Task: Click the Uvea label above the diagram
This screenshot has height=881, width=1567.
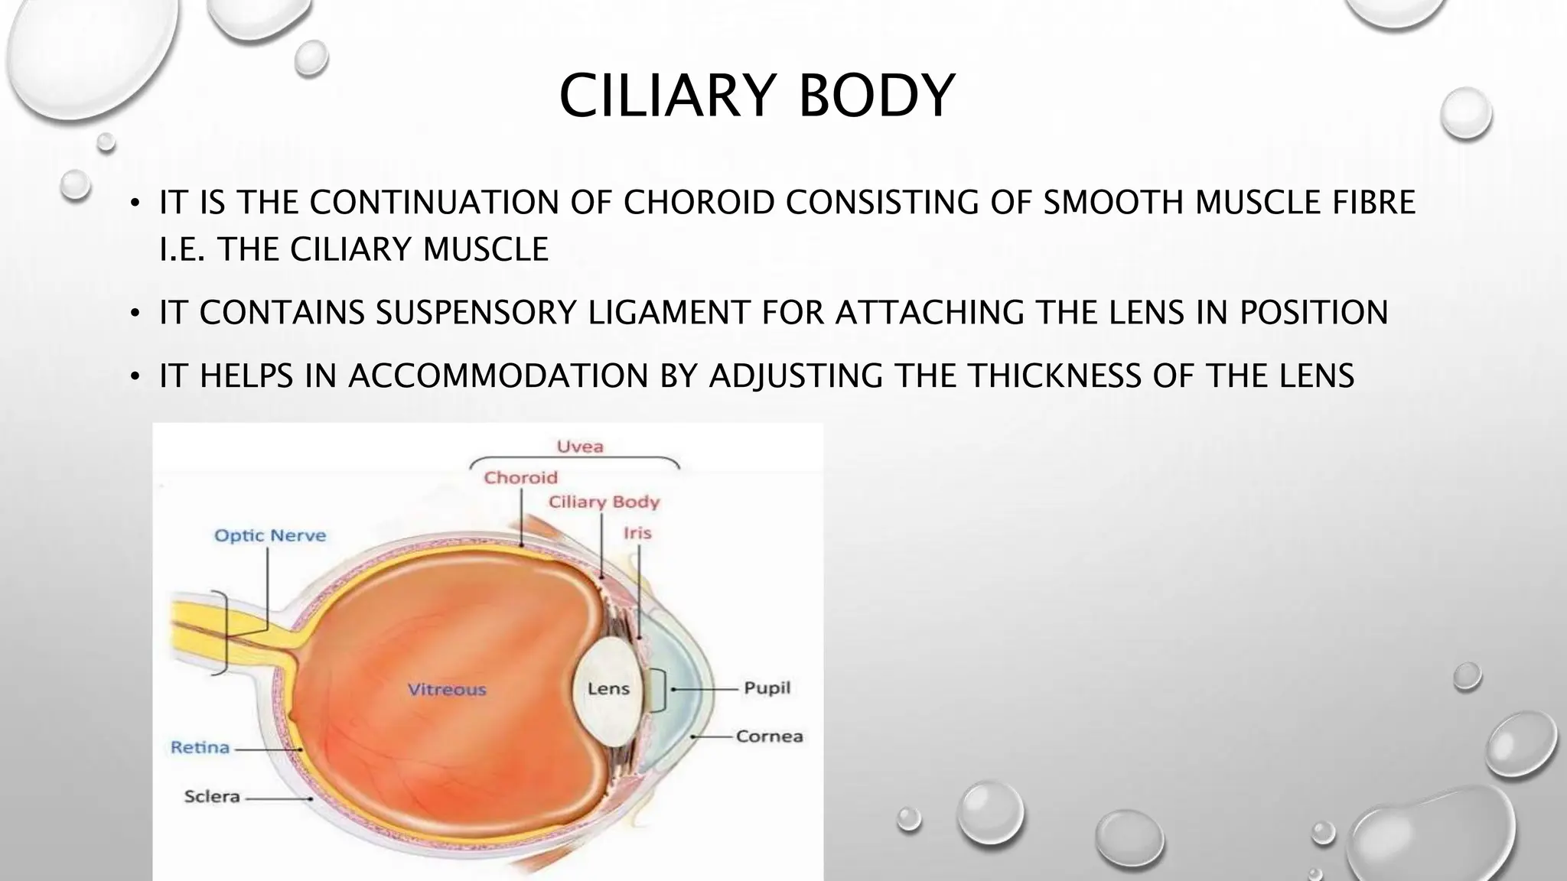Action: pos(579,447)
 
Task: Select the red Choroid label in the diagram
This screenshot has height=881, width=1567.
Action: pos(520,478)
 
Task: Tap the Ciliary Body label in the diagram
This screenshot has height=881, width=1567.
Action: pos(604,502)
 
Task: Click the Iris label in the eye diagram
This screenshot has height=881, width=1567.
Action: pos(637,533)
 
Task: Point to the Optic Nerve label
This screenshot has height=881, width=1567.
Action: pos(269,536)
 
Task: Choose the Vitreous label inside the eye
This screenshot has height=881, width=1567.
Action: pos(447,690)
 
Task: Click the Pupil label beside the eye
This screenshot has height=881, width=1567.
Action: pos(767,688)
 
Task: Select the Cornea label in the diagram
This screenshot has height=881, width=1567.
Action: pos(769,736)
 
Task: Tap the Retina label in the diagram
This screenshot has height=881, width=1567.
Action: pos(200,748)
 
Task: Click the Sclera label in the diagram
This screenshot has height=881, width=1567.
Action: pos(212,797)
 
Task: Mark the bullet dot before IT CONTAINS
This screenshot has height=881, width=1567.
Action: pos(135,314)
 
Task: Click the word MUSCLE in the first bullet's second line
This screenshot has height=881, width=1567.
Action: pos(485,250)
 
